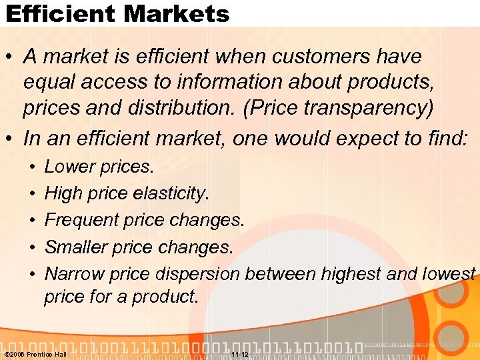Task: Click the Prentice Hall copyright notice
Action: (36, 354)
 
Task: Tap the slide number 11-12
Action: (239, 354)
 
